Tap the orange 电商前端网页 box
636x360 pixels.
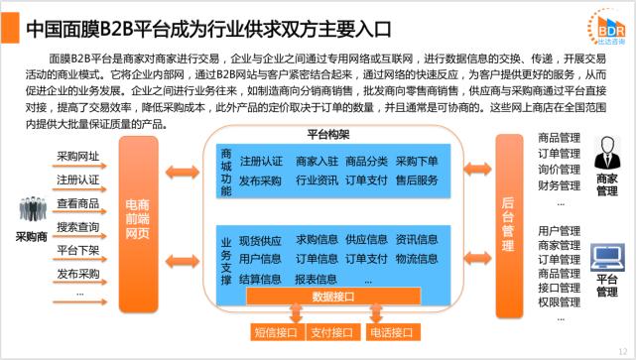click(x=138, y=216)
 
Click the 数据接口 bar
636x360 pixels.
click(x=333, y=296)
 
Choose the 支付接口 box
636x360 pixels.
click(x=332, y=332)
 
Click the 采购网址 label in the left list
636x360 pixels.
click(x=78, y=157)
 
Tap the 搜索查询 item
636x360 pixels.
click(x=78, y=226)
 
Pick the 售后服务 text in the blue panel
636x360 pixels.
click(x=416, y=180)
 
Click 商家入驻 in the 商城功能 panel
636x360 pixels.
click(x=317, y=161)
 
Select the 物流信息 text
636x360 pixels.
click(x=416, y=258)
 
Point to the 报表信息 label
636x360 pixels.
click(x=317, y=279)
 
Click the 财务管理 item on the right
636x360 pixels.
click(x=559, y=185)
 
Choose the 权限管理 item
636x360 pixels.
click(x=559, y=301)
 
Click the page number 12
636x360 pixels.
click(x=621, y=351)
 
